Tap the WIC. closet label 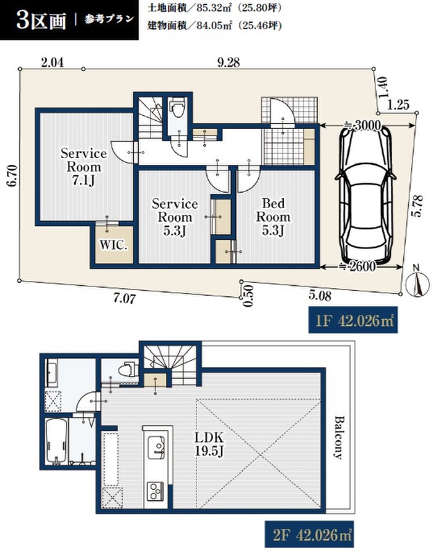coord(113,246)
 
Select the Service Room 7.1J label coord(83,166)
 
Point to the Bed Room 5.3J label coord(273,216)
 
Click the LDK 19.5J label coord(209,444)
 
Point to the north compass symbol coord(418,283)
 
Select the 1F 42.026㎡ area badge coord(353,321)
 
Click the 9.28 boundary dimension coord(228,63)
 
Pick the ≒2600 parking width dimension coord(361,266)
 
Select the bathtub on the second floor coord(56,441)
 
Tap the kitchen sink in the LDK coord(155,447)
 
